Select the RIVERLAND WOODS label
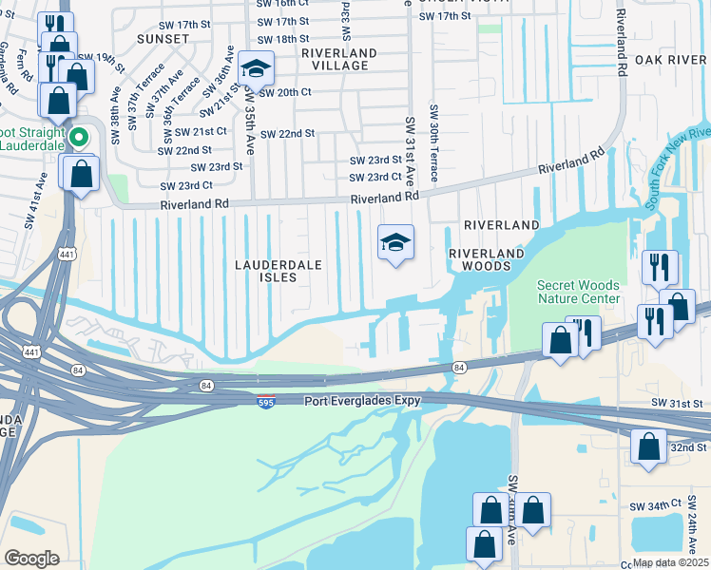click(487, 260)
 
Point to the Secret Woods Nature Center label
click(578, 292)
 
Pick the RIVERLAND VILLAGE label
click(339, 59)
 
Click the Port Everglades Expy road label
click(362, 401)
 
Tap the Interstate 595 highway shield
click(266, 402)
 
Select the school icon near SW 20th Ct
click(255, 68)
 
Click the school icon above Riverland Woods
click(395, 242)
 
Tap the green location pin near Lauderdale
click(81, 138)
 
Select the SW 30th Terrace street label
click(433, 143)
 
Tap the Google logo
click(31, 558)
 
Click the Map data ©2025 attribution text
click(671, 562)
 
